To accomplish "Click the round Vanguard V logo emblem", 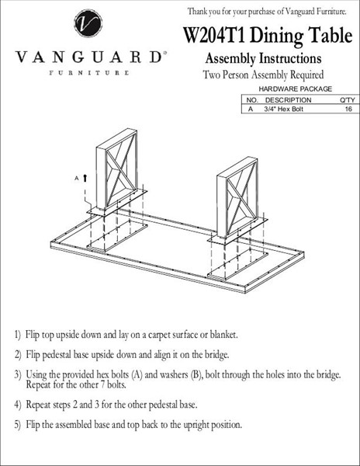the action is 88,23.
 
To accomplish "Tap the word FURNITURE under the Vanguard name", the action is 89,73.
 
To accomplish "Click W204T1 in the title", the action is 214,35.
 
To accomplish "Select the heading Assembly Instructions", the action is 263,58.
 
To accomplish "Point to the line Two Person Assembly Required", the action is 263,75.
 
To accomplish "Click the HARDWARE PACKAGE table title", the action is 296,89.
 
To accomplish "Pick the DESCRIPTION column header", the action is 288,100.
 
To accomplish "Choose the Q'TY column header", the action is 348,100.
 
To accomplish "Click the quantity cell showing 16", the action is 348,109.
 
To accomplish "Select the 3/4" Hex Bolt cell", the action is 284,109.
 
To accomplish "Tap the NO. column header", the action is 253,100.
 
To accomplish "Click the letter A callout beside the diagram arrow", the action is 77,179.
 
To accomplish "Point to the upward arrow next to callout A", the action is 85,178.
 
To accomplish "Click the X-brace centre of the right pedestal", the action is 241,198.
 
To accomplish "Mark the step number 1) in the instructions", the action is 18,335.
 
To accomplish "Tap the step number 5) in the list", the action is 18,424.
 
